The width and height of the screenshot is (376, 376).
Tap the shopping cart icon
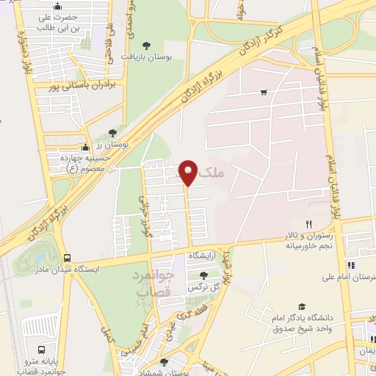click(264, 93)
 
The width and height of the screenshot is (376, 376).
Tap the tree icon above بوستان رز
click(112, 133)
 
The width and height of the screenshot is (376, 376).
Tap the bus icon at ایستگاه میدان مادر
click(67, 258)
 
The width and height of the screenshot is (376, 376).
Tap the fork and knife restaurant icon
click(309, 225)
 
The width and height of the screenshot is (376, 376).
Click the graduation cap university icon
click(302, 306)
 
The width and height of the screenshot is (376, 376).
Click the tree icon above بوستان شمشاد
click(163, 362)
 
